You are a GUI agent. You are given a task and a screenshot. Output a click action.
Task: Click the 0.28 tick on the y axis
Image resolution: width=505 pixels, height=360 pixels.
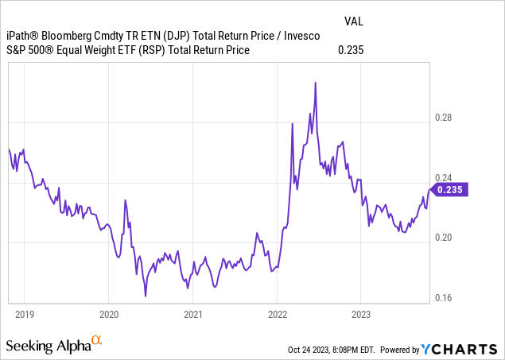pos(442,118)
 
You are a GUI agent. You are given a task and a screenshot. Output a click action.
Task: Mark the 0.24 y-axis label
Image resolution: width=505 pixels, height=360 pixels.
pos(442,178)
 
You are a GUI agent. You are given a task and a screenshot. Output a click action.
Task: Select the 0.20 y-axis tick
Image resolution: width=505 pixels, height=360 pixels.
pos(442,238)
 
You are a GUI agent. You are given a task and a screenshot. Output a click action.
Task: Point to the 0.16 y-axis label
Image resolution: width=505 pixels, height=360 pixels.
pos(442,298)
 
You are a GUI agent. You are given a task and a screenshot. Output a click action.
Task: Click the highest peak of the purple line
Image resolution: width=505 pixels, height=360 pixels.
pos(316,82)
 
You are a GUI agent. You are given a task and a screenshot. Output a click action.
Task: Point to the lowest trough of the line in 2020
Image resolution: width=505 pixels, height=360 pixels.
pos(146,296)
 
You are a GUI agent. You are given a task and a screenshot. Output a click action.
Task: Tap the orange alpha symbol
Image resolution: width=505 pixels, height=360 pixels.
pos(97,341)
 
